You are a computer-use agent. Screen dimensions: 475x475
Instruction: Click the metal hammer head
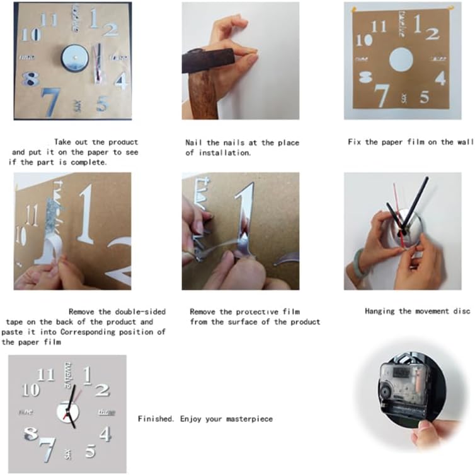tap(208, 59)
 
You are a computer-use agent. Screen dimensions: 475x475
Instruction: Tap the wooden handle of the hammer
tap(203, 95)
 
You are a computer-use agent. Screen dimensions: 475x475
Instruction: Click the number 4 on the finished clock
tap(105, 434)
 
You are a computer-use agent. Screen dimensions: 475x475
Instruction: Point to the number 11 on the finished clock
tap(45, 375)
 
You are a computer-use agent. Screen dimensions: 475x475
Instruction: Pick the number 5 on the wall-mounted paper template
tap(425, 97)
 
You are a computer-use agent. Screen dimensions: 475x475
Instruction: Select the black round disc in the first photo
tap(74, 59)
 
